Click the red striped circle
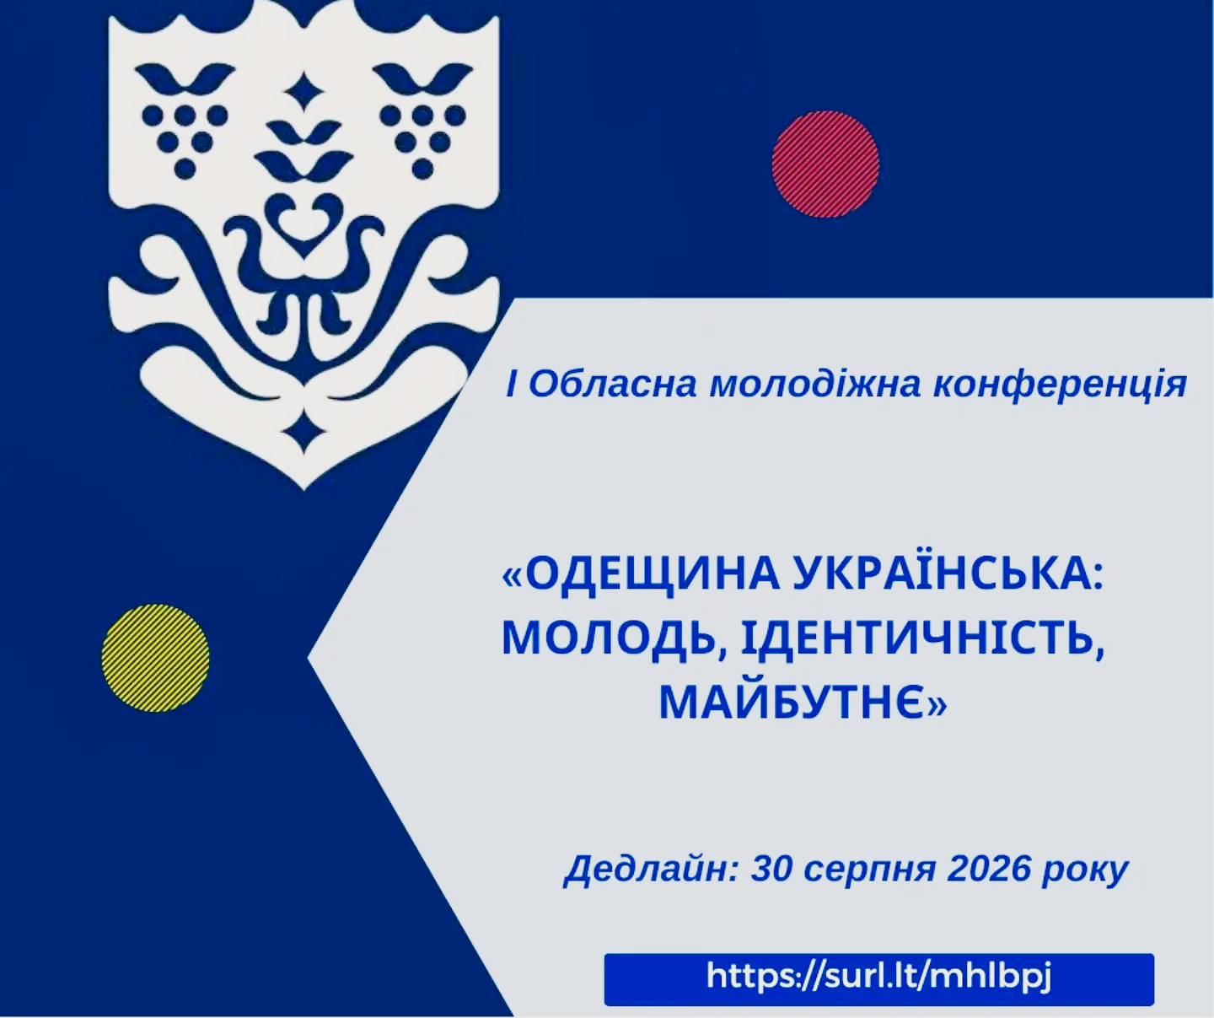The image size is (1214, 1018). click(825, 164)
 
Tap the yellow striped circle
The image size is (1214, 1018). click(155, 657)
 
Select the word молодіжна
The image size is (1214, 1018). click(814, 385)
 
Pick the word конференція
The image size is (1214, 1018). click(1060, 385)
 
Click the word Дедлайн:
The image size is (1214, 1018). click(651, 869)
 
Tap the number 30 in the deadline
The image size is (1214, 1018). click(772, 868)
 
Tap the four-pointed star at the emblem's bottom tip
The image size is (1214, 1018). click(303, 431)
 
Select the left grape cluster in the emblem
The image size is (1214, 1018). click(185, 140)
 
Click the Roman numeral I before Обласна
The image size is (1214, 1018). click(511, 385)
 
